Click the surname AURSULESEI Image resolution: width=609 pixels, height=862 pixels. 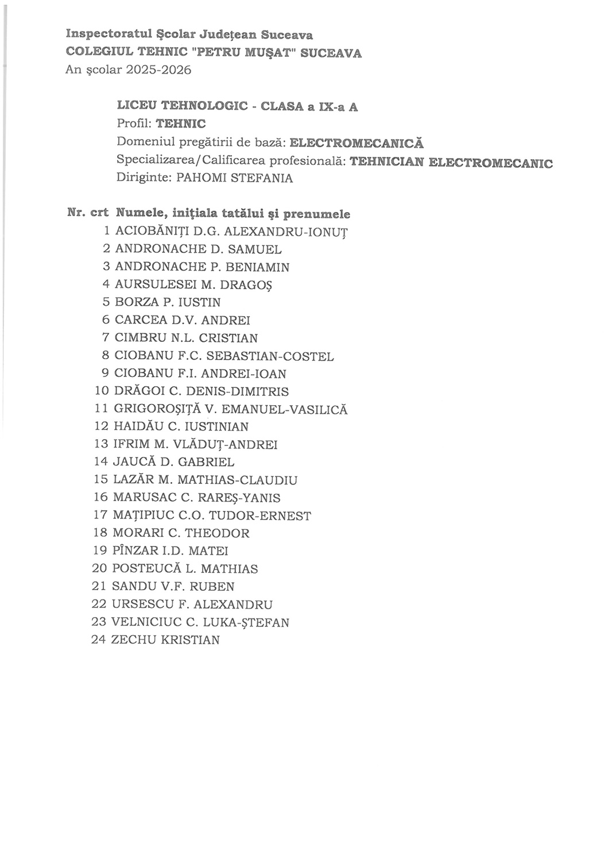[152, 284]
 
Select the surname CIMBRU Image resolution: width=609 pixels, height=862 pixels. [139, 338]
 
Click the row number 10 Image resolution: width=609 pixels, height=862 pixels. [102, 391]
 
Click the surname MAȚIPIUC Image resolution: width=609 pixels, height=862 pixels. [143, 515]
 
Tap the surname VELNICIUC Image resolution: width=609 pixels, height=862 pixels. [146, 622]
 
